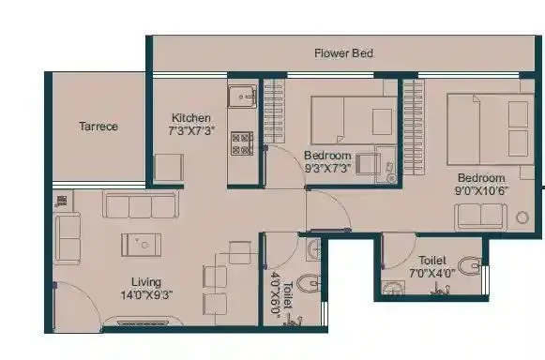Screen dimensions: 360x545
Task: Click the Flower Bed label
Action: [343, 53]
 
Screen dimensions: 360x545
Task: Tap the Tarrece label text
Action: [98, 127]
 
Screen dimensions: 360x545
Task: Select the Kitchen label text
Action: [190, 118]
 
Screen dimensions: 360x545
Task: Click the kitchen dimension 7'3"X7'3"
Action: [193, 131]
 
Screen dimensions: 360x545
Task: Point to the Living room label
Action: [146, 281]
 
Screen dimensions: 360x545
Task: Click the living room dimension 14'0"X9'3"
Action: [146, 294]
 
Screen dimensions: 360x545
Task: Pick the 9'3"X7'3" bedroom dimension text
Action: [327, 169]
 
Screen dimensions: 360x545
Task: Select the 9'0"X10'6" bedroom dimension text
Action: [481, 192]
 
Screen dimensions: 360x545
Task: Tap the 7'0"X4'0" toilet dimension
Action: [432, 274]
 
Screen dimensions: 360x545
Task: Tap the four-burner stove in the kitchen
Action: [242, 143]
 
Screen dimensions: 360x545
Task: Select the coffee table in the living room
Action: [141, 244]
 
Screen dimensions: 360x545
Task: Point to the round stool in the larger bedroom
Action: [522, 217]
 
